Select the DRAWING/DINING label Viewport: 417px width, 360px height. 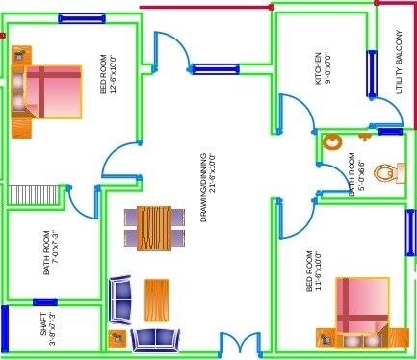204,187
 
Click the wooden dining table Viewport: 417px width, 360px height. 154,228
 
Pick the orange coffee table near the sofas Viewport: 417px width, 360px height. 156,299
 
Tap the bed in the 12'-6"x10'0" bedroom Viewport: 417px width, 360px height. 50,91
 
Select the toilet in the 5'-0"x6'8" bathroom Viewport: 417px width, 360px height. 387,172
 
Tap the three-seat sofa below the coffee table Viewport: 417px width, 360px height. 155,338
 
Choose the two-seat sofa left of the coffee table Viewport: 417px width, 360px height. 121,299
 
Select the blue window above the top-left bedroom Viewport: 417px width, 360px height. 81,18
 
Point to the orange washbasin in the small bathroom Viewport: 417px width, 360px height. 333,142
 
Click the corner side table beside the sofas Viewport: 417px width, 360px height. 117,338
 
